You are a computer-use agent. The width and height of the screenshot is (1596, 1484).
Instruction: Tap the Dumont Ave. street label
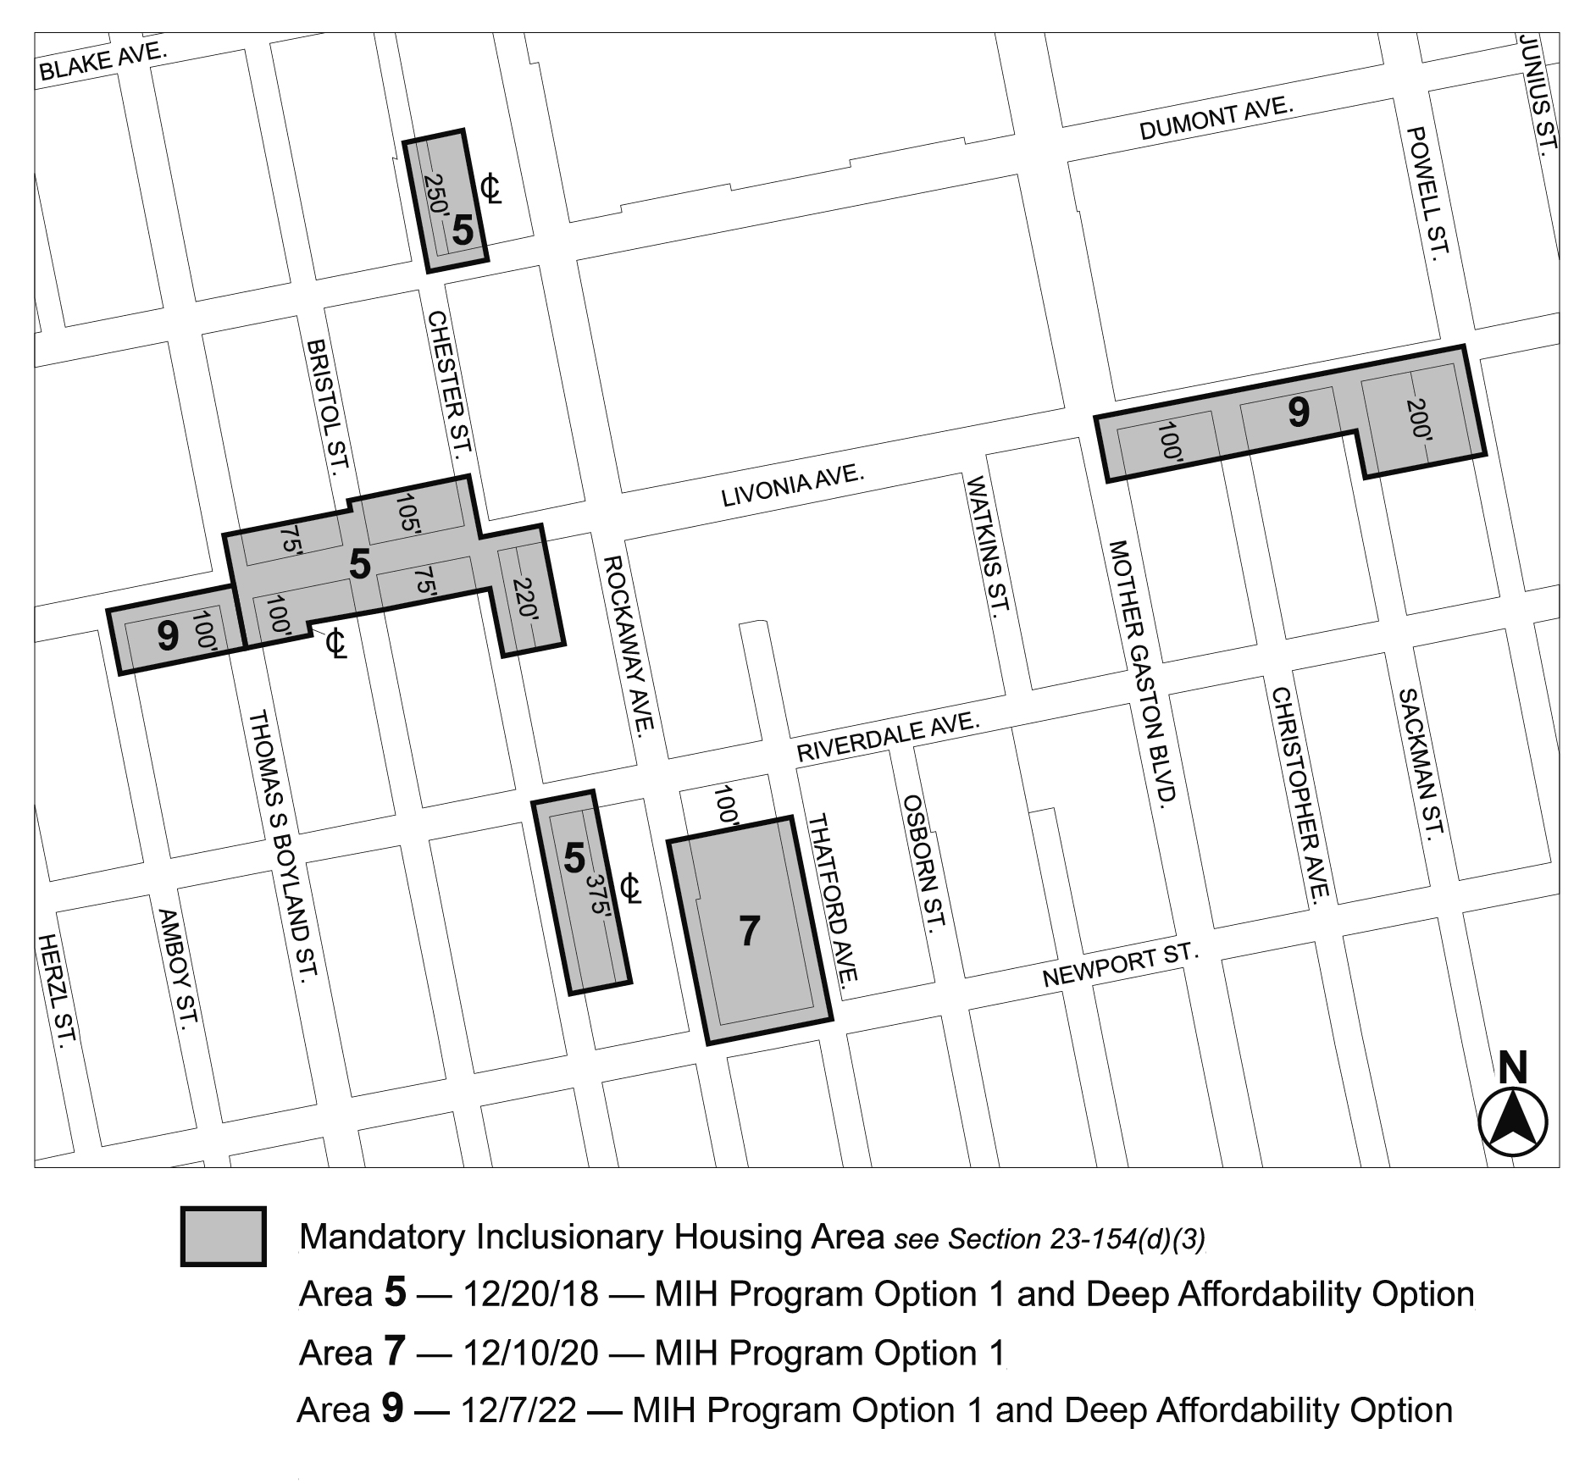(x=1216, y=119)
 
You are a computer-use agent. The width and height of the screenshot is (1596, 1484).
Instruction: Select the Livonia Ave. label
(x=792, y=486)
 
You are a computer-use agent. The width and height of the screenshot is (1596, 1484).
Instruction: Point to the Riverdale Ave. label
(x=887, y=738)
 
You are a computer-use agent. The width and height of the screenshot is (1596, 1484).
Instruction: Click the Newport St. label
(x=1120, y=966)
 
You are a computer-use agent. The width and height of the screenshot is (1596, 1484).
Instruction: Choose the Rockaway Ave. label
(x=629, y=645)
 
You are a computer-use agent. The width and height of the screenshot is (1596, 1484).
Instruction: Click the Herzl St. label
(x=57, y=990)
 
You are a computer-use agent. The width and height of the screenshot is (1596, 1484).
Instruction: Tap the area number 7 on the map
(x=750, y=931)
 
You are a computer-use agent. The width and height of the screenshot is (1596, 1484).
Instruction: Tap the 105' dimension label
(x=408, y=513)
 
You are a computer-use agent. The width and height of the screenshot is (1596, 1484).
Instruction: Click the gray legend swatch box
(x=224, y=1236)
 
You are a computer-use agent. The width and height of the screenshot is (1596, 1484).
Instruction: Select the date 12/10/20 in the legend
(x=530, y=1353)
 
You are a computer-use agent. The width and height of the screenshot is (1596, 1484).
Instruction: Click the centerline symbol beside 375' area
(x=630, y=889)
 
